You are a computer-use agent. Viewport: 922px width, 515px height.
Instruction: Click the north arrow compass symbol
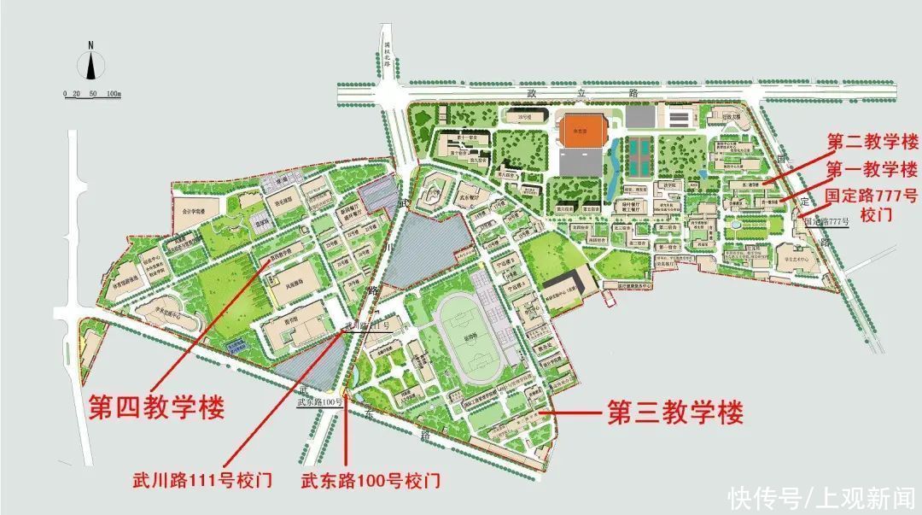[x=91, y=63]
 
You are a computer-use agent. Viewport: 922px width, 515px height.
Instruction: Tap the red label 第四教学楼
[x=156, y=407]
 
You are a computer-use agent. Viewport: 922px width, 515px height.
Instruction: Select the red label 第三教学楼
[x=674, y=413]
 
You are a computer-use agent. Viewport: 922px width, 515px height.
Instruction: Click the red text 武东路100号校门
[x=371, y=480]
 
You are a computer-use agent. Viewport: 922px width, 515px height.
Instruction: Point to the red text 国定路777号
[x=872, y=196]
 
